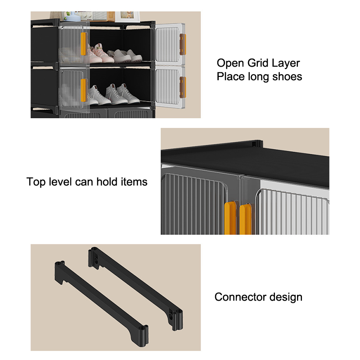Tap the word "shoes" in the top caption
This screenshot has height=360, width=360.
click(287, 76)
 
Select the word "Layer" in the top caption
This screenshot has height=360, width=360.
click(285, 63)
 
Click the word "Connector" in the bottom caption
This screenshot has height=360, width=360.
click(239, 297)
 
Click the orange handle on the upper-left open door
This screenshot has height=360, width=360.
click(83, 45)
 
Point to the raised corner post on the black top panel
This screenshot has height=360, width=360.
click(257, 142)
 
